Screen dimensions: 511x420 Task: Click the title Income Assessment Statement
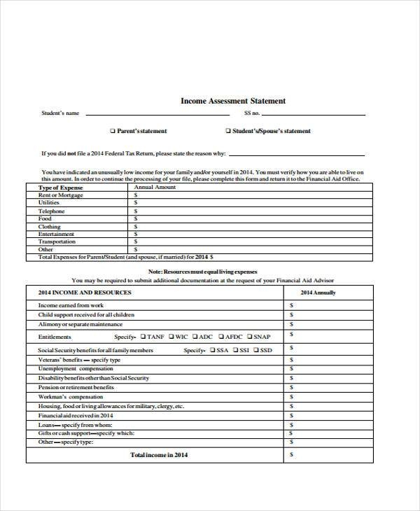click(x=233, y=101)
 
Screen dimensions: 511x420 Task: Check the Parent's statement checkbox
click(x=113, y=131)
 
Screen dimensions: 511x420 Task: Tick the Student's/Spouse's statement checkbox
click(x=227, y=131)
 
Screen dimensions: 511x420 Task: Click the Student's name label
click(x=60, y=113)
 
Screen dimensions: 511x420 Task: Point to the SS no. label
click(x=252, y=113)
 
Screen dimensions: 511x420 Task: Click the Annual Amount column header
click(x=155, y=188)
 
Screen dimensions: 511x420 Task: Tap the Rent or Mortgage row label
click(x=60, y=195)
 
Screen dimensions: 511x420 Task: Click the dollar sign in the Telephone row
click(x=135, y=211)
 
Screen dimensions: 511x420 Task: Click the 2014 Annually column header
click(x=318, y=293)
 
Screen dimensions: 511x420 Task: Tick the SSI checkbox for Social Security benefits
click(x=237, y=350)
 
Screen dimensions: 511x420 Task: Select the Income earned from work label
click(x=71, y=305)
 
